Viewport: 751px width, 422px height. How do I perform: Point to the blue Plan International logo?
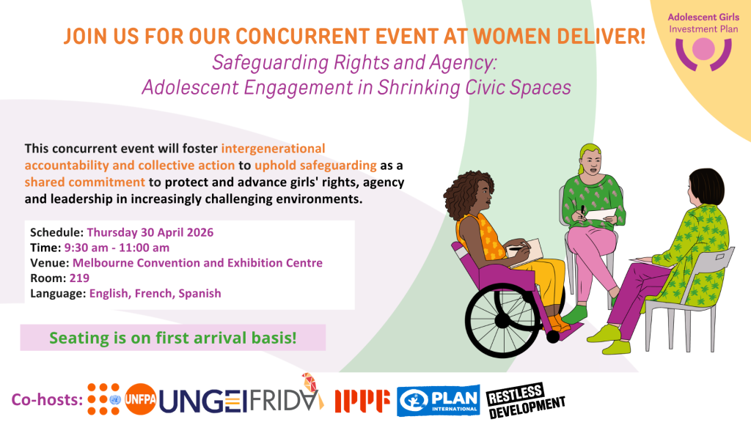click(x=439, y=400)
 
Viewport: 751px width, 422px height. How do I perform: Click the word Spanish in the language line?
click(x=199, y=293)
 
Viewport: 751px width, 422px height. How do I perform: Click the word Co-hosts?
click(x=45, y=400)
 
